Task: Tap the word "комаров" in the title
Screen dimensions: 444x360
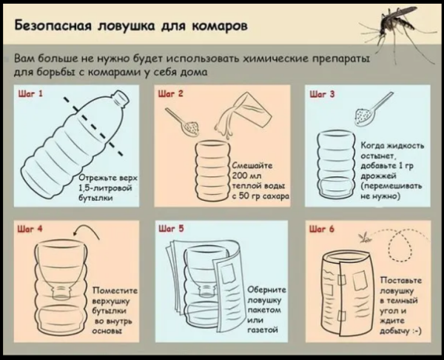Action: (x=220, y=27)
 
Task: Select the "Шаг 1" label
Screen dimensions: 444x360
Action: (x=30, y=93)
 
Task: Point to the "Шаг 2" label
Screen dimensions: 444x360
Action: (x=171, y=93)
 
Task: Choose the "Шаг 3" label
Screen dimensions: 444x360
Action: (x=322, y=94)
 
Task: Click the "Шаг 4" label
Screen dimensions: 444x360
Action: (x=30, y=228)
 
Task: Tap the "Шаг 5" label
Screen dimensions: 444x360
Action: (x=171, y=228)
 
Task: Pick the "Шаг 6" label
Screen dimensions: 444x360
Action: (x=322, y=229)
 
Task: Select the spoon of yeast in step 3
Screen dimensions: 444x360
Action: (x=371, y=110)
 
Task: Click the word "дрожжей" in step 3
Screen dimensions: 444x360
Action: (x=378, y=176)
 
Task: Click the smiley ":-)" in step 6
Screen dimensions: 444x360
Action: (x=417, y=331)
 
